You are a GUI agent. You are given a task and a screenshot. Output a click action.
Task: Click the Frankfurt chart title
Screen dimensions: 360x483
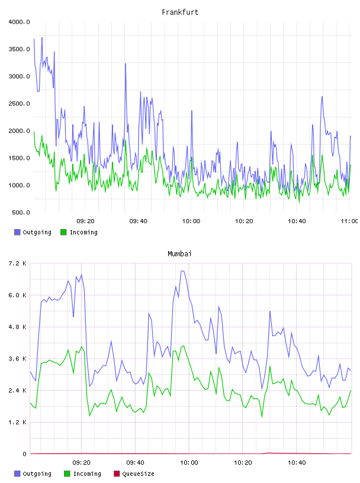180,12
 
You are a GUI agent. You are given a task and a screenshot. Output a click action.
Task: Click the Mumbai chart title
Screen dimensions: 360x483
179,254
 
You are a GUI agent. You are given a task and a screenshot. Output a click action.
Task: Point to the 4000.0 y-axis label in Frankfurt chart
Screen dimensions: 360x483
19,22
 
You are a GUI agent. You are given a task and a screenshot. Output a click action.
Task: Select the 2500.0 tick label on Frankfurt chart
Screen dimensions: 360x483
19,104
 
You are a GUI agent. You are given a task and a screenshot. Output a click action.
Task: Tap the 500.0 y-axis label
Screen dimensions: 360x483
21,212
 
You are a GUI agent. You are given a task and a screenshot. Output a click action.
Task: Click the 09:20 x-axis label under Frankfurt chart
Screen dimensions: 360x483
85,221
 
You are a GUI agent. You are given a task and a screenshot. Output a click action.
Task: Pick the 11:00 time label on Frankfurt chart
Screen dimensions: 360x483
350,221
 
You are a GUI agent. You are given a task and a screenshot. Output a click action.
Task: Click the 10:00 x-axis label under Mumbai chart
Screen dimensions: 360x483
189,463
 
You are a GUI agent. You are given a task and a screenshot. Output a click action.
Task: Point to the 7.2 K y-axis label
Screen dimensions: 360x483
17,263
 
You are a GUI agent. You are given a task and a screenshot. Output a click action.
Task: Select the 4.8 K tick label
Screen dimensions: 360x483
17,327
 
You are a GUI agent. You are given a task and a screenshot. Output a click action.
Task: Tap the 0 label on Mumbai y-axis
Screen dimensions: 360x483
25,454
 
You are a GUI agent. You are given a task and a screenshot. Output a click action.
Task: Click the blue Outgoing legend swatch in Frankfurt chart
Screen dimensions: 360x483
17,232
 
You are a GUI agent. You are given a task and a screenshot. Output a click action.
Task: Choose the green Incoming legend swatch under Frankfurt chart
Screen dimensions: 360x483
63,232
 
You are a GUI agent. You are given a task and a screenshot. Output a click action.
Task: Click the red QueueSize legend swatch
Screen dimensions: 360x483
117,474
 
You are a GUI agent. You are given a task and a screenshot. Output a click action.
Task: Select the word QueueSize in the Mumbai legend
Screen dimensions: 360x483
138,474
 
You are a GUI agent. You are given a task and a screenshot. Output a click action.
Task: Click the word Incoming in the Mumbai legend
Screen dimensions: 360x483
87,474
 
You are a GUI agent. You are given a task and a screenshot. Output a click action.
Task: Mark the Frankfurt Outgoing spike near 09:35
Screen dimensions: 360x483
126,64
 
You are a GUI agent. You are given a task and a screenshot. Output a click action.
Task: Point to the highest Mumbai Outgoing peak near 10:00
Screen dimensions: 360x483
182,271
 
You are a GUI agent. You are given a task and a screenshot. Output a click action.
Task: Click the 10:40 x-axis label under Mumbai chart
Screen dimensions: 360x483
297,463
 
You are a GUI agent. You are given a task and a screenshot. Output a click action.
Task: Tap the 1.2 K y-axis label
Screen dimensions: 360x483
17,422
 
